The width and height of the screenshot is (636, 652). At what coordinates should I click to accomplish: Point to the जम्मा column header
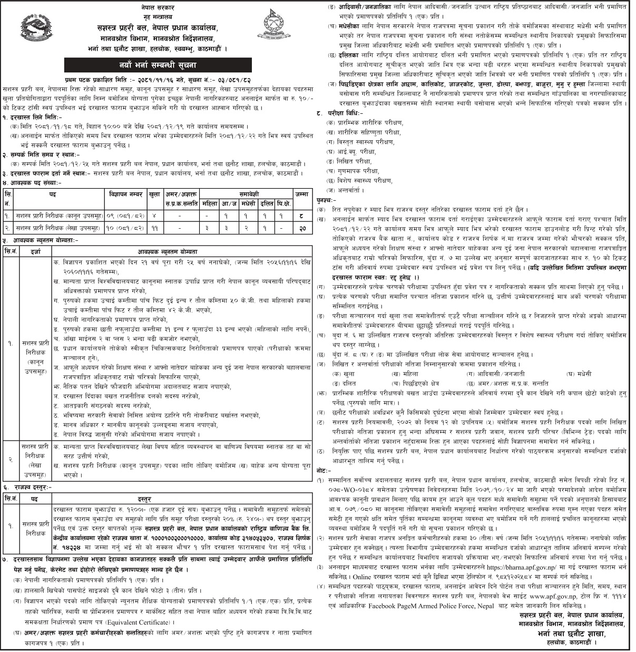[301, 194]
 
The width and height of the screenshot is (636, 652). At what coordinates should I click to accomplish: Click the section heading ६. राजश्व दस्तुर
[26, 488]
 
